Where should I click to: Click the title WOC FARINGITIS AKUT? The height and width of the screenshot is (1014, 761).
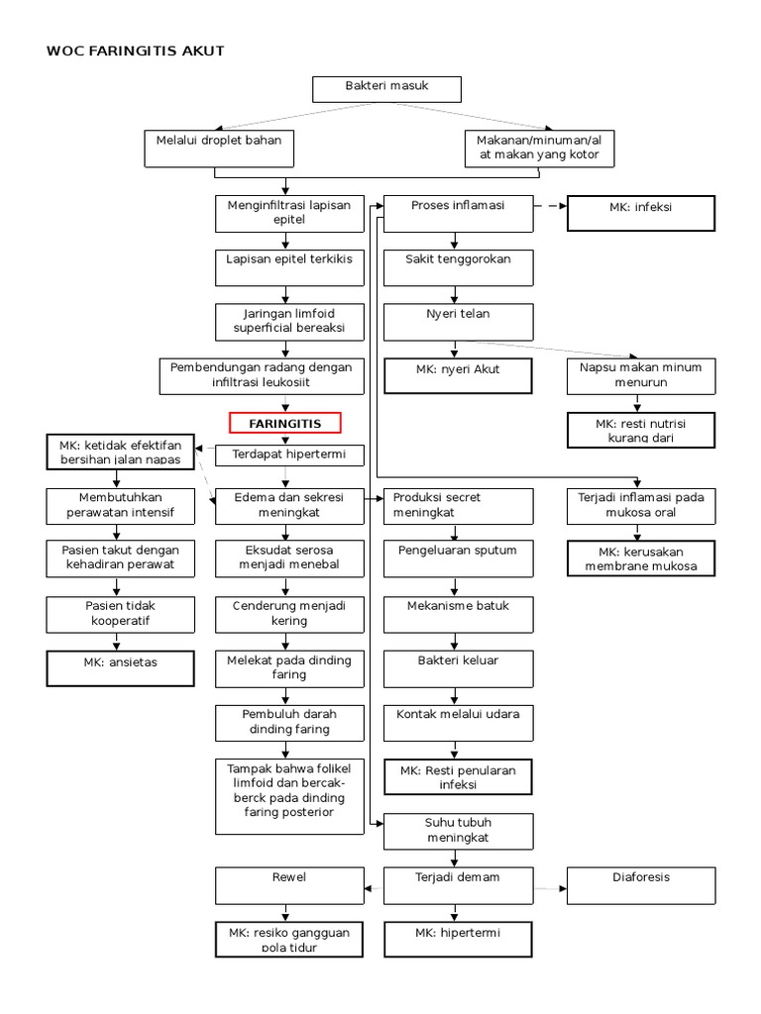[136, 51]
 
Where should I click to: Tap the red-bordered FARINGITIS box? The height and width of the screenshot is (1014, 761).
[285, 423]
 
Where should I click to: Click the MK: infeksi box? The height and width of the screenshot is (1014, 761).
[640, 213]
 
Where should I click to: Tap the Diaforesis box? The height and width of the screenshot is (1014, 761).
[640, 884]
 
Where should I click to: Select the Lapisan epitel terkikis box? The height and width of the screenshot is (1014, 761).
[285, 265]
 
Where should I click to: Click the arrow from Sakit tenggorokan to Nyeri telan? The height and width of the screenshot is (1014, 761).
[456, 293]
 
